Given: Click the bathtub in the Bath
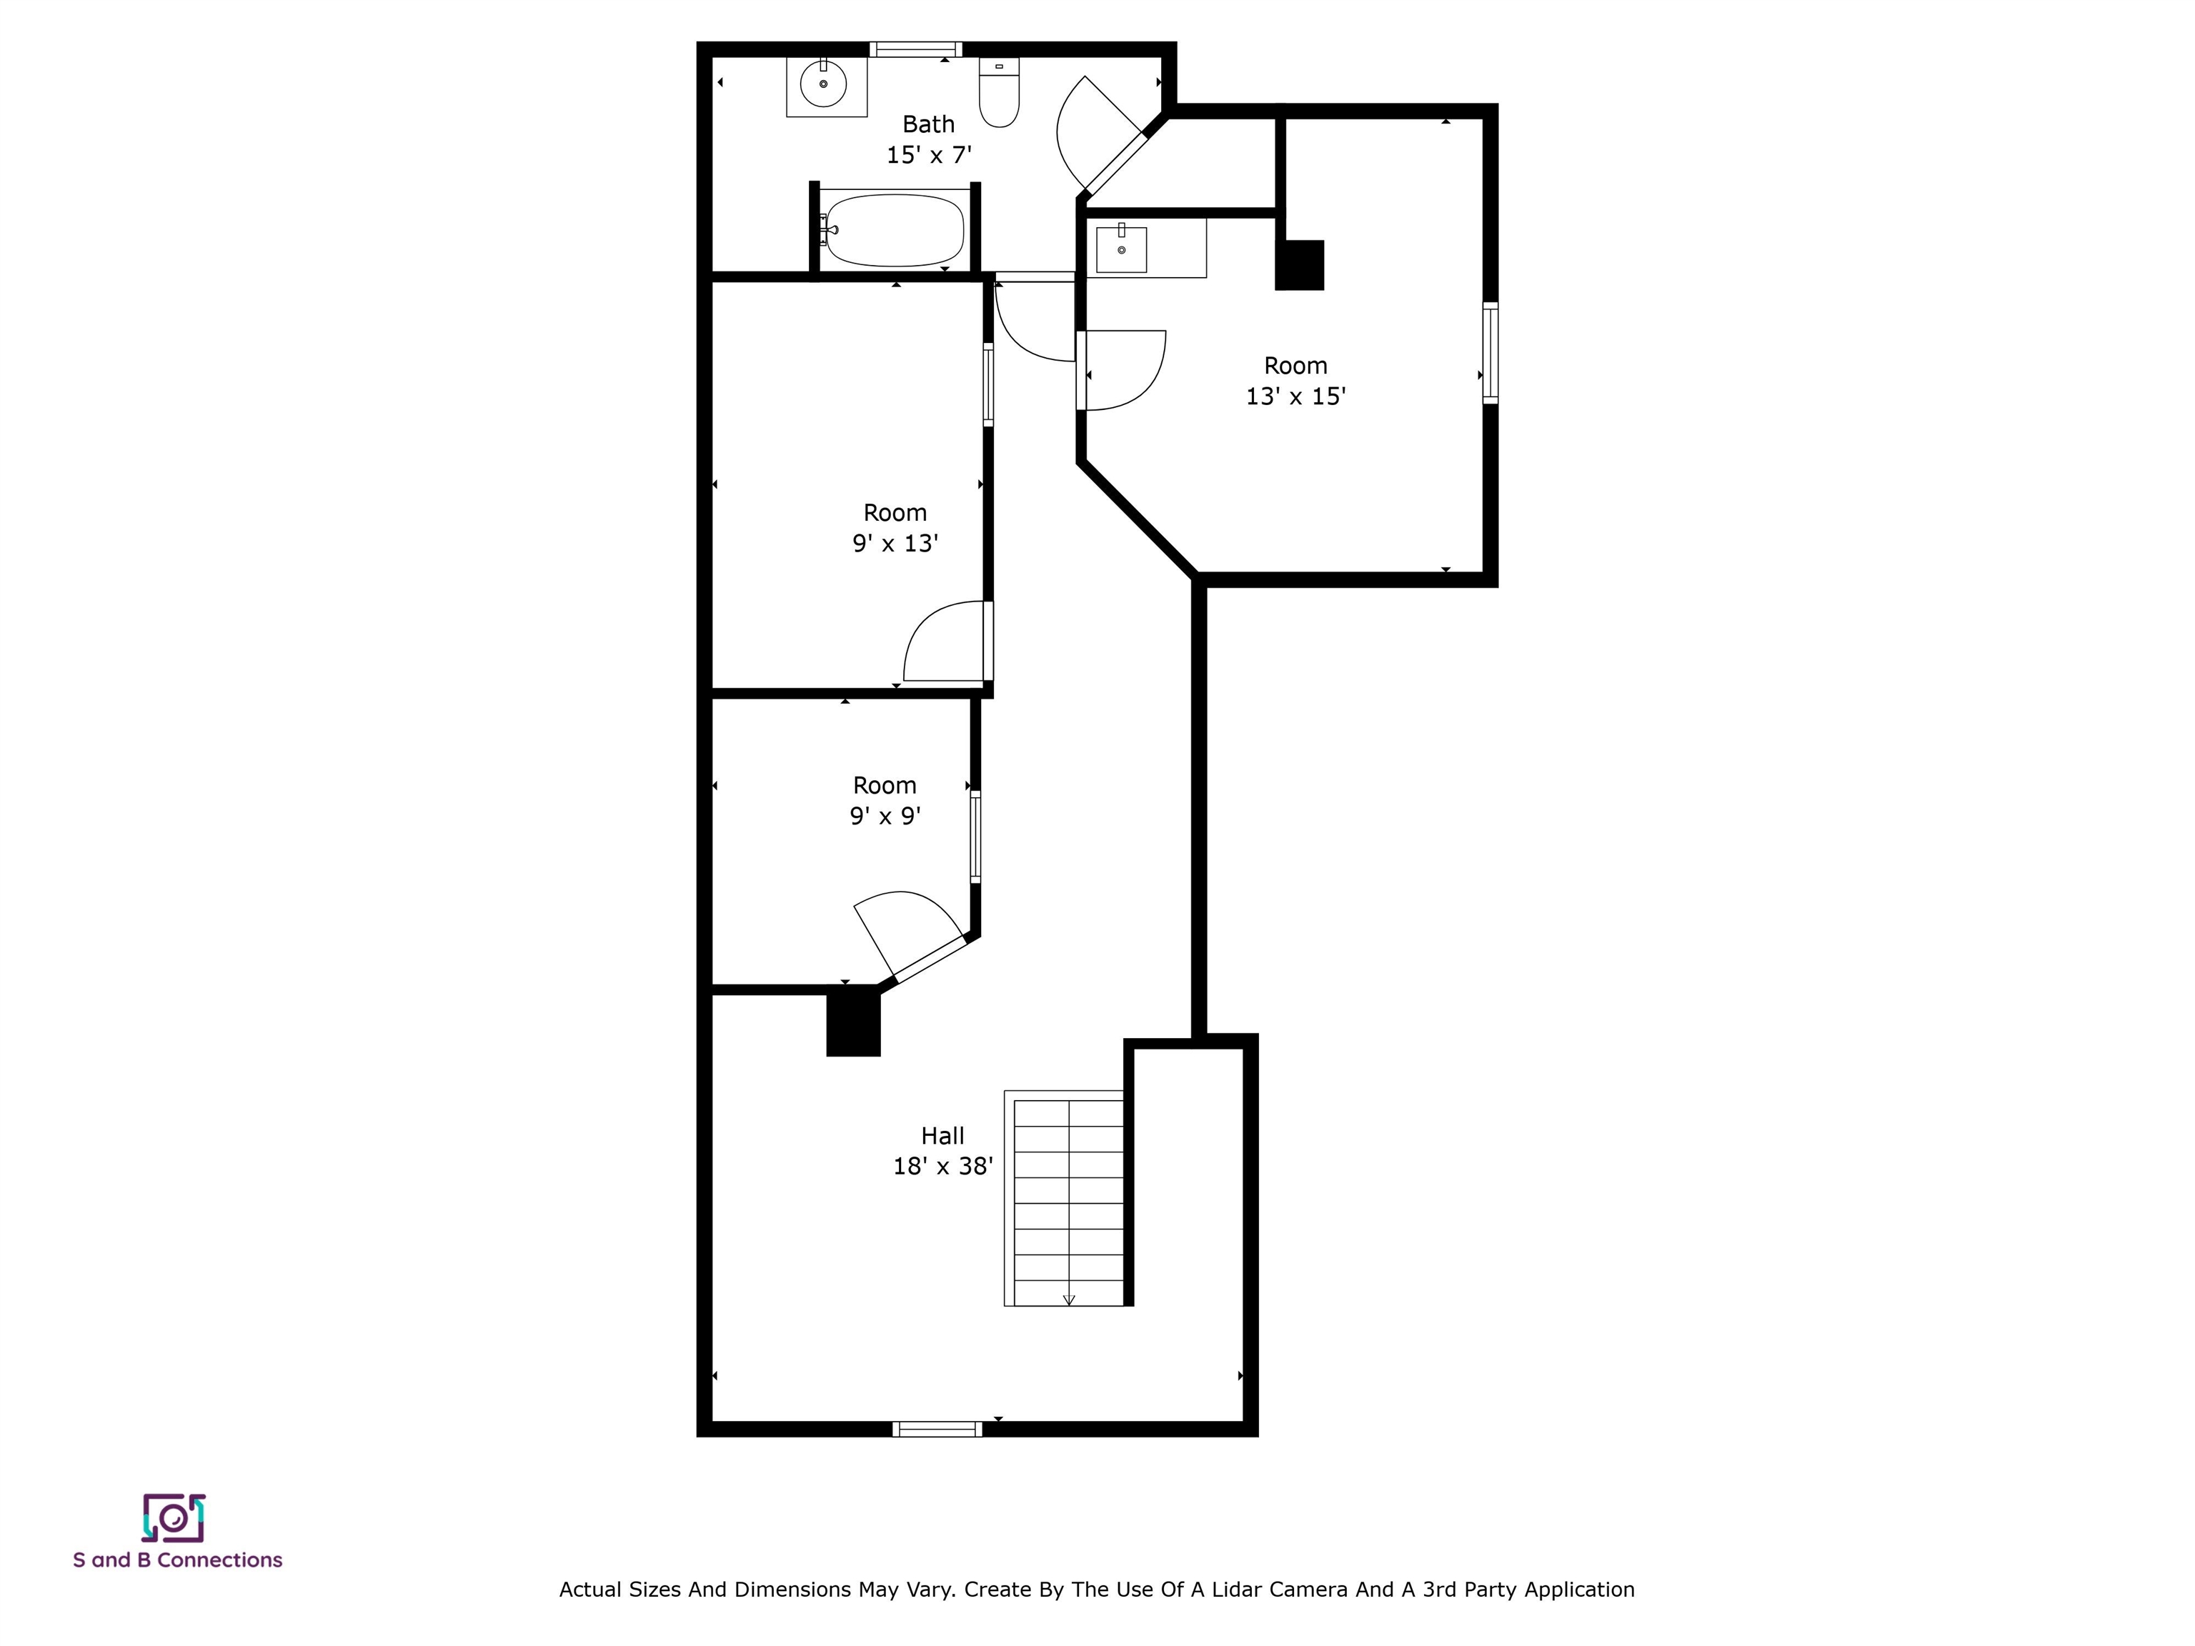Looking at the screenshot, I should click(894, 230).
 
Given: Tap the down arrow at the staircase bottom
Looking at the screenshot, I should click(1069, 1299).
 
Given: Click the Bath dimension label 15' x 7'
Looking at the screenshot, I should click(928, 155).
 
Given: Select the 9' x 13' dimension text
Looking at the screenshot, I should click(895, 544).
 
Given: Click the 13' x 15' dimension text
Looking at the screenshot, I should click(1295, 397).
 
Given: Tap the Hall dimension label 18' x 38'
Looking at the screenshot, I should click(942, 1167).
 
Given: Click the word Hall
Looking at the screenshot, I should click(942, 1136).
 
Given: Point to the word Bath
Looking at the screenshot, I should click(928, 124).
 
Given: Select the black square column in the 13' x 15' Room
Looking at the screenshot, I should click(1299, 265).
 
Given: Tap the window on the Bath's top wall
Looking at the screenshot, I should click(915, 49).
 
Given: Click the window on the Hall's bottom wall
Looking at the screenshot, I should click(937, 1430).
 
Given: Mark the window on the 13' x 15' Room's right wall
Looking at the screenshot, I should click(1490, 352).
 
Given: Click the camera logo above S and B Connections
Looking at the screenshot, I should click(174, 1518).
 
